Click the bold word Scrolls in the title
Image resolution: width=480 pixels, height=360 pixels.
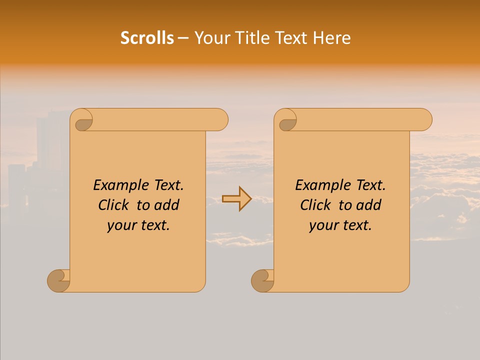click(147, 38)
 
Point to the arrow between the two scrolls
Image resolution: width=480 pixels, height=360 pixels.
click(236, 199)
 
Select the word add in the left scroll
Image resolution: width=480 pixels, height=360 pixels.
click(167, 205)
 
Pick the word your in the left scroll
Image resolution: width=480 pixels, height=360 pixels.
click(121, 225)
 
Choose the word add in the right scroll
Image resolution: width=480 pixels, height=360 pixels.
click(369, 205)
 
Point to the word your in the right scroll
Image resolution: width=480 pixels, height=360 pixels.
click(323, 225)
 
